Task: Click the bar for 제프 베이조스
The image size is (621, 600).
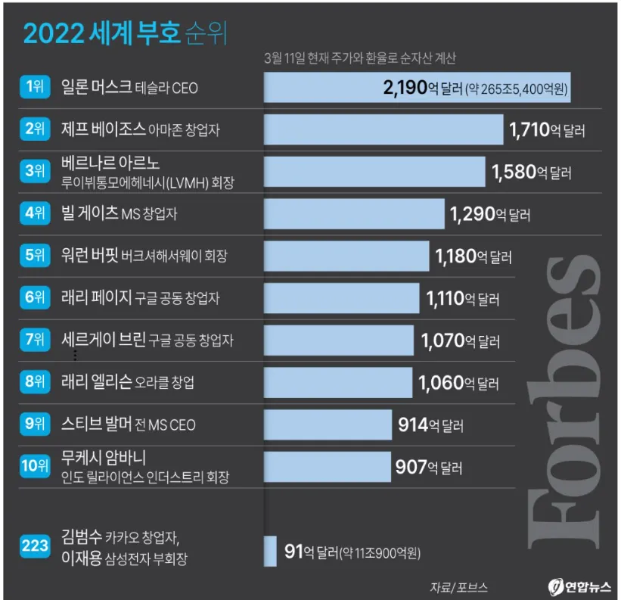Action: point(383,129)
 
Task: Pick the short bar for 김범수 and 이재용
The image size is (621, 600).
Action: point(270,551)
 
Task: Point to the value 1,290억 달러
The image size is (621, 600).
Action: point(489,214)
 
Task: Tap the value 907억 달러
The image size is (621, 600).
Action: point(428,467)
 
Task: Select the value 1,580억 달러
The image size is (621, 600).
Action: point(531,172)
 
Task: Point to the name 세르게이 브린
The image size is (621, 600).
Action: point(103,340)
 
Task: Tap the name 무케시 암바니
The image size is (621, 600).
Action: point(103,458)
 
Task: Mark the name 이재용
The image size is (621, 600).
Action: point(82,559)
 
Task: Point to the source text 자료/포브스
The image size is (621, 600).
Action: point(458,586)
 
